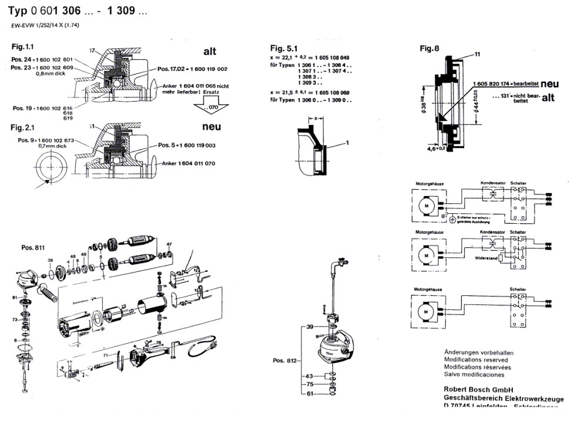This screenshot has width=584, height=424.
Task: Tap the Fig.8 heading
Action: pyautogui.click(x=429, y=49)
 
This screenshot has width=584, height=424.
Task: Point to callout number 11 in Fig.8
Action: pyautogui.click(x=477, y=54)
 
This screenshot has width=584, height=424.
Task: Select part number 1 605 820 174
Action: pyautogui.click(x=493, y=85)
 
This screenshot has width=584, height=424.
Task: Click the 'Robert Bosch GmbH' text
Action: pyautogui.click(x=479, y=389)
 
